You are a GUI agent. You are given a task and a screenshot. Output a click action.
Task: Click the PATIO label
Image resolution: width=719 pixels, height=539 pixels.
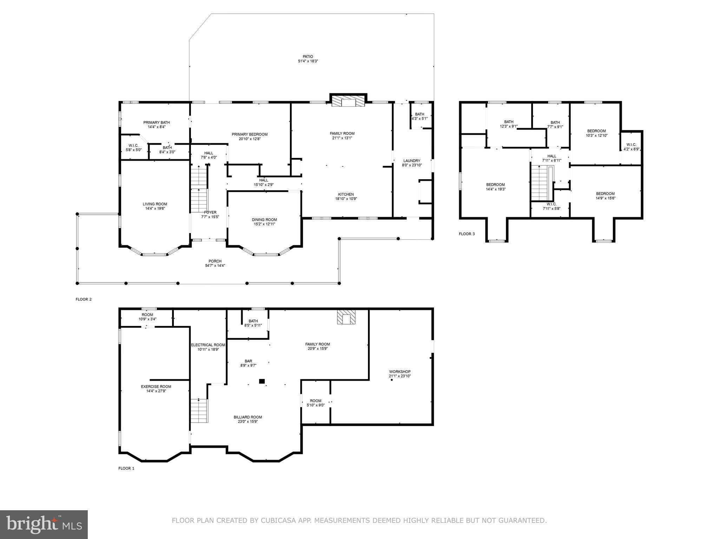point(308,56)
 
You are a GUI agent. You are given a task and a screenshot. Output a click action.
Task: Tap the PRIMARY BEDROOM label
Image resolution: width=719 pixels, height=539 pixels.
point(250,134)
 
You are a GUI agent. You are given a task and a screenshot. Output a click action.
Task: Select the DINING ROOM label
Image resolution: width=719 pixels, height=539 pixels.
point(264,220)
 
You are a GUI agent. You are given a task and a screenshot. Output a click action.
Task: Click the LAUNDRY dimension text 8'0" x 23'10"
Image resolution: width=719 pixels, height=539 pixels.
point(412,165)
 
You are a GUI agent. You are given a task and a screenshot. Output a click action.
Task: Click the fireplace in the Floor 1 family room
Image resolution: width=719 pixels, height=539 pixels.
point(346,317)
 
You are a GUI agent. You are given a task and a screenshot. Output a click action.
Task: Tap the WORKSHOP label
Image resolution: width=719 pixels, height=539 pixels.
point(400,372)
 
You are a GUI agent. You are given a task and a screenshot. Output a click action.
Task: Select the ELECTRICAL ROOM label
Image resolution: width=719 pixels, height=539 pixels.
point(208,345)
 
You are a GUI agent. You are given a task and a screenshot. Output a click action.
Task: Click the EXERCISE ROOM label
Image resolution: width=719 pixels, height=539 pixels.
point(156,387)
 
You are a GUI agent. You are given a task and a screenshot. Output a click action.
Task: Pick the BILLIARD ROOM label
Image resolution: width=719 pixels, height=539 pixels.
point(248,417)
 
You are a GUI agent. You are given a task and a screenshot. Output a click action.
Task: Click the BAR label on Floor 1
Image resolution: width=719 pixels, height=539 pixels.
point(248,361)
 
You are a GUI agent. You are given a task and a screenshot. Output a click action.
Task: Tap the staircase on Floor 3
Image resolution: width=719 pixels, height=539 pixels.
point(539,182)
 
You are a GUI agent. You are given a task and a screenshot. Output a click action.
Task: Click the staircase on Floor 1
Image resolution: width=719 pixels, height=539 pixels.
point(199,411)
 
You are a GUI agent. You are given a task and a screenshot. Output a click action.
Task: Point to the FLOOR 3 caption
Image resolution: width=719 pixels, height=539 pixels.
point(467,234)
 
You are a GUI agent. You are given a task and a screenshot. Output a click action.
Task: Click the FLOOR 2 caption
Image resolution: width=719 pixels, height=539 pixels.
point(84,299)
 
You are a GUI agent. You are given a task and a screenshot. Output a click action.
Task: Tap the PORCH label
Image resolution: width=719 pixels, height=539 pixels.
point(215,261)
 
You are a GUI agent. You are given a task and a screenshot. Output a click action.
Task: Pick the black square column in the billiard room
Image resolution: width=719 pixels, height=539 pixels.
point(262,381)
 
